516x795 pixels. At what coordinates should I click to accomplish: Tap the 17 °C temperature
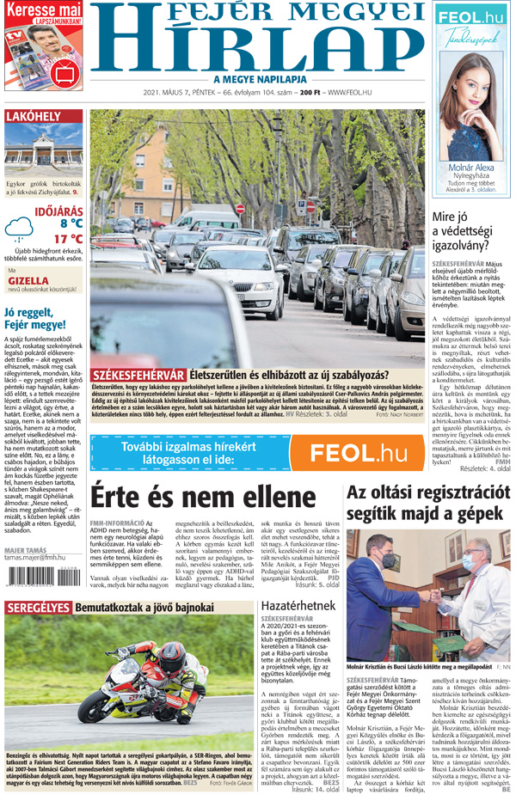tap(67, 239)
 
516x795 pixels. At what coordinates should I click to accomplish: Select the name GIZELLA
tap(28, 280)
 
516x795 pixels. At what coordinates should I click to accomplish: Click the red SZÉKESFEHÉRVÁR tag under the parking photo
tap(138, 375)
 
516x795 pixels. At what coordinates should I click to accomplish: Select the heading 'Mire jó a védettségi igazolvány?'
tap(465, 230)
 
